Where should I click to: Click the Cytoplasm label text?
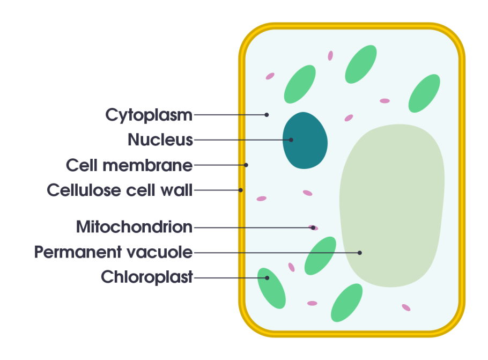[x=149, y=115]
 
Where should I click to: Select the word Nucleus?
[x=160, y=139]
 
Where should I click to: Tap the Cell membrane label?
[x=129, y=165]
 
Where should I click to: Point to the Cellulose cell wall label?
[x=120, y=190]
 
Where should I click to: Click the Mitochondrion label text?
[x=135, y=227]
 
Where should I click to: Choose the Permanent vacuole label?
[x=113, y=252]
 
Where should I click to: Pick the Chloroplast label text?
[x=147, y=277]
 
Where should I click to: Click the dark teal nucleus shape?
[x=305, y=141]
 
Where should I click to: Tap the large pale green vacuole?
[x=392, y=205]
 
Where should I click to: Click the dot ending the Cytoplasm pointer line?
[x=267, y=115]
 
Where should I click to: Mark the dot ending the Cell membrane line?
[x=246, y=165]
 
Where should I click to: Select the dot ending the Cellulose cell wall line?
[x=241, y=190]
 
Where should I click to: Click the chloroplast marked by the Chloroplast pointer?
[x=271, y=288]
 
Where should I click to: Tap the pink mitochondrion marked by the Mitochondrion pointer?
[x=313, y=227]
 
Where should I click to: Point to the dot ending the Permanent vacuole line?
[x=360, y=253]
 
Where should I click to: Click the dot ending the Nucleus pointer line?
[x=291, y=140]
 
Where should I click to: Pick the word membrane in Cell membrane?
[x=147, y=165]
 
